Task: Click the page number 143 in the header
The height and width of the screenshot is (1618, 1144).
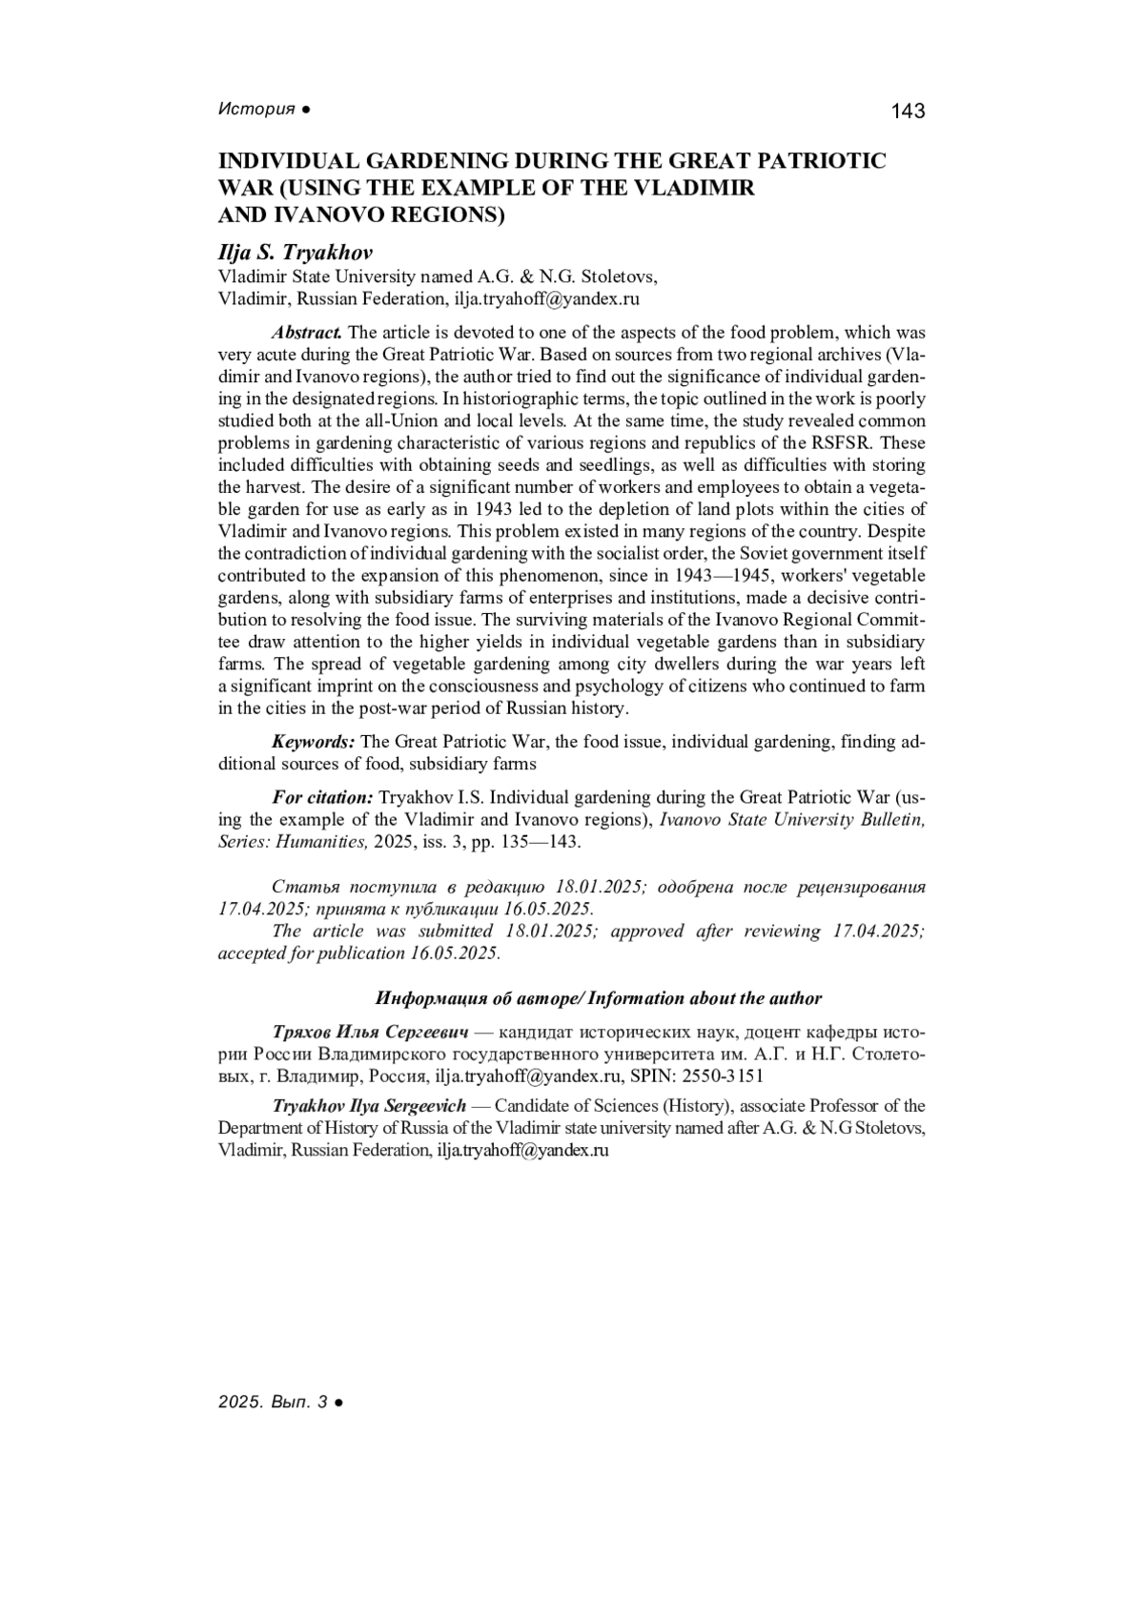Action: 908,112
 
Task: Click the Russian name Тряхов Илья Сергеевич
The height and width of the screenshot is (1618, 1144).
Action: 372,1033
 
